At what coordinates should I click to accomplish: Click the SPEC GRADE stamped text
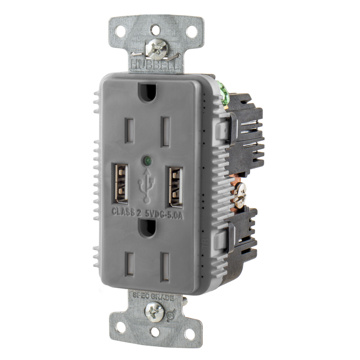pos(153,298)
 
